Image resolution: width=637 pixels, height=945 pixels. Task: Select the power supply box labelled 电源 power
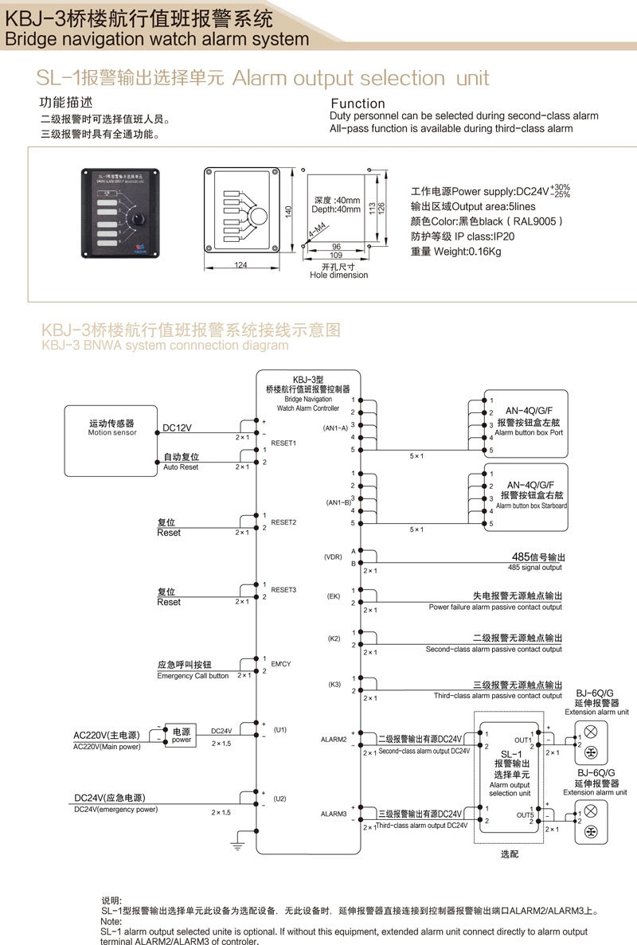click(x=182, y=736)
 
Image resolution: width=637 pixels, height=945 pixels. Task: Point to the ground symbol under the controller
click(x=236, y=846)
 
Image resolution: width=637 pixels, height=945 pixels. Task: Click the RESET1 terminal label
click(x=283, y=442)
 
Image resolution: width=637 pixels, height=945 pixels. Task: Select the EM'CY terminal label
click(x=282, y=663)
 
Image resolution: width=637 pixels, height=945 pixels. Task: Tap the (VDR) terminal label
click(x=333, y=556)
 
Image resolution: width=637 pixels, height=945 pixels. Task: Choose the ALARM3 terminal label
click(x=334, y=813)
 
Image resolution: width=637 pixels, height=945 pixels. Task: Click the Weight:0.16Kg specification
click(x=456, y=252)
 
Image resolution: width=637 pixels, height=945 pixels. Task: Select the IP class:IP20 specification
click(x=463, y=236)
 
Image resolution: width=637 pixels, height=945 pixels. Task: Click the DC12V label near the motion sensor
click(x=177, y=428)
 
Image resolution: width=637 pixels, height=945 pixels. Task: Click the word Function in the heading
click(x=358, y=103)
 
